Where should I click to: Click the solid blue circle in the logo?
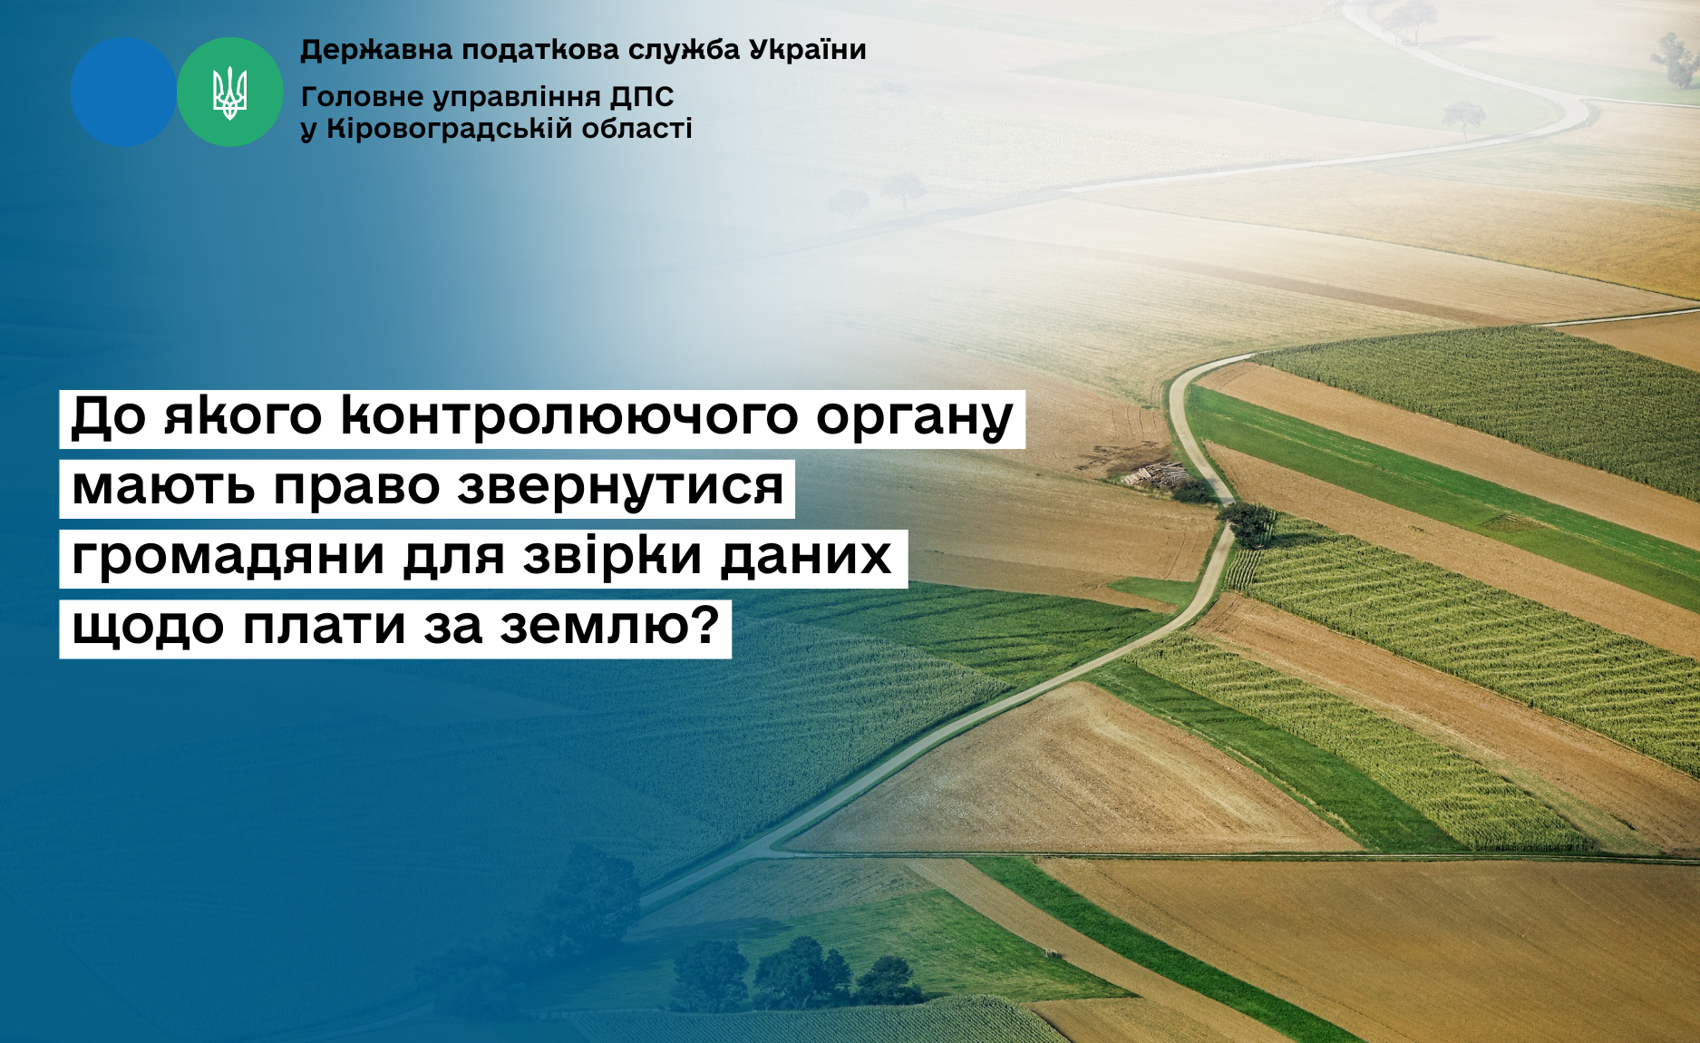click(123, 92)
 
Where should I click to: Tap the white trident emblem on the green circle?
click(229, 93)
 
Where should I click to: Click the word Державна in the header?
click(376, 50)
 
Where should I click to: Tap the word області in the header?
click(636, 129)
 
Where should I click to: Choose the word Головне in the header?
click(363, 96)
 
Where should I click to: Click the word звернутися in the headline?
click(621, 487)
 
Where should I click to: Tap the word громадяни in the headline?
click(228, 557)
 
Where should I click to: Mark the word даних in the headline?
click(806, 557)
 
